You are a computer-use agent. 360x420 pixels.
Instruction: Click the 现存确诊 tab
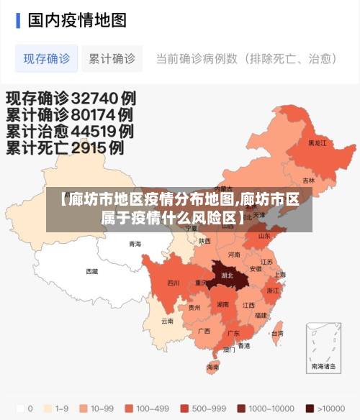[47, 59]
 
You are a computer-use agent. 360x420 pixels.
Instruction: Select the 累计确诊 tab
[112, 59]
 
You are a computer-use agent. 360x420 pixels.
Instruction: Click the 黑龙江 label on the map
[317, 142]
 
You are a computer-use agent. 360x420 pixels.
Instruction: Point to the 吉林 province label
[309, 181]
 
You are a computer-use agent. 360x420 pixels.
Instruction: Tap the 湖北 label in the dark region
[228, 275]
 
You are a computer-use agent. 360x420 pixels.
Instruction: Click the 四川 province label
[174, 283]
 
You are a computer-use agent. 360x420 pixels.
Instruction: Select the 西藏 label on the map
[92, 271]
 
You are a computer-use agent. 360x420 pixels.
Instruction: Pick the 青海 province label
[135, 244]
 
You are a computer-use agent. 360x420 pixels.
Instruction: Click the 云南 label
[167, 321]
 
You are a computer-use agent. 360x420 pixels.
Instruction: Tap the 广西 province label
[204, 331]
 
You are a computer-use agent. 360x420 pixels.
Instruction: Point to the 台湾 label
[276, 334]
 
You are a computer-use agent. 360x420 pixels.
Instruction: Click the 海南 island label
[213, 367]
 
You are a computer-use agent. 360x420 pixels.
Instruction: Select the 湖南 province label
[222, 304]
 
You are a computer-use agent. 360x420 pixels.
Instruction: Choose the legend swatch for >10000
[310, 408]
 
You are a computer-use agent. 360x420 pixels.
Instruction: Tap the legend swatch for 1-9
[48, 408]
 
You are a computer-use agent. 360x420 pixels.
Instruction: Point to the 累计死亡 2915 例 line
[65, 148]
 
